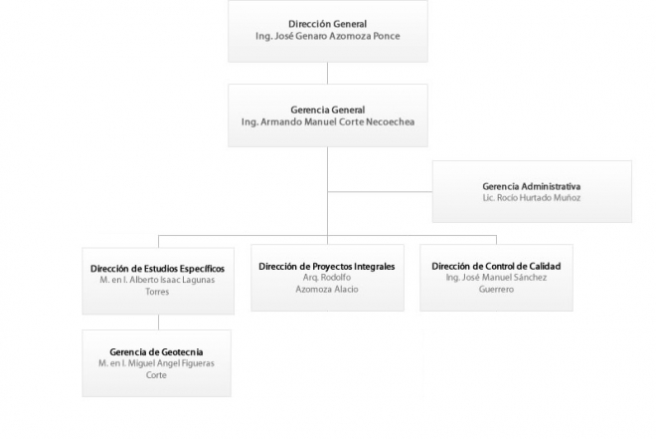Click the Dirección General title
click(328, 24)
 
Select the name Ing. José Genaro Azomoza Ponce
click(328, 36)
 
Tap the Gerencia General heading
click(328, 110)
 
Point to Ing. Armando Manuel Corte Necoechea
click(328, 121)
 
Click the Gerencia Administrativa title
click(532, 186)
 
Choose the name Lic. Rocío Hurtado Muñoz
click(532, 198)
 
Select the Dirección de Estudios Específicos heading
click(157, 269)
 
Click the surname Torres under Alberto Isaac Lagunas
click(157, 292)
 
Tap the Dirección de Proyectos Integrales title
click(327, 267)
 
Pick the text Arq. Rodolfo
click(327, 278)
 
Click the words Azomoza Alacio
click(327, 289)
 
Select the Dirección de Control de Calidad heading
click(496, 266)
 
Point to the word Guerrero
click(496, 289)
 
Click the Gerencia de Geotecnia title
click(156, 351)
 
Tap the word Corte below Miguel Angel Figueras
click(156, 375)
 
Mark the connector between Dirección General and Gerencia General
click(328, 74)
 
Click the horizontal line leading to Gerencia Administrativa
click(380, 192)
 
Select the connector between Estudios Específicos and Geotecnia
click(159, 323)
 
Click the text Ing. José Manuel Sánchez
click(496, 278)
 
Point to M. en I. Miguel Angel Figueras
click(156, 363)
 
